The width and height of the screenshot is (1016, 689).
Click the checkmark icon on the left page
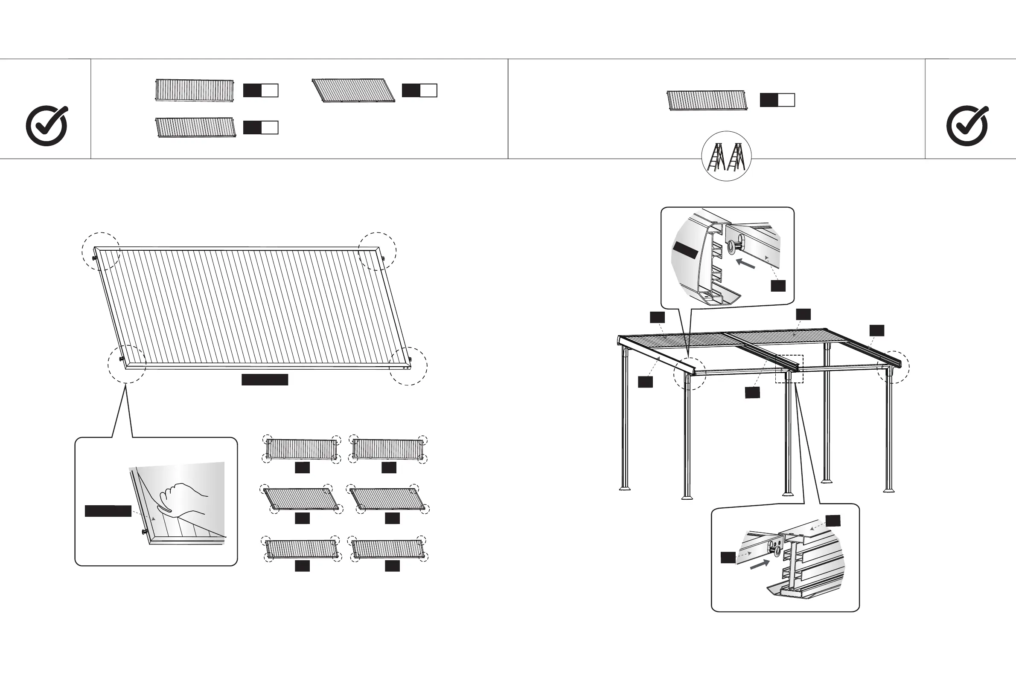click(x=47, y=126)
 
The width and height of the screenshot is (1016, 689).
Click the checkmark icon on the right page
click(x=967, y=126)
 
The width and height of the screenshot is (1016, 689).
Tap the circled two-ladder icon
click(x=726, y=156)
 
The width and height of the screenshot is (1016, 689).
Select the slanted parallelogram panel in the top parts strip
click(x=353, y=90)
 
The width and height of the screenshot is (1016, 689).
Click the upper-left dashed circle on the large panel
click(x=101, y=251)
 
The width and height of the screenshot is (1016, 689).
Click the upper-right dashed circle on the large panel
click(x=377, y=251)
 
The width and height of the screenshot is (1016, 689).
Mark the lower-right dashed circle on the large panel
click(x=408, y=366)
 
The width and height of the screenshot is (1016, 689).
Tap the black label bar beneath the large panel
click(x=265, y=379)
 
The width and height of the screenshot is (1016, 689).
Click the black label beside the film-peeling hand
click(x=108, y=511)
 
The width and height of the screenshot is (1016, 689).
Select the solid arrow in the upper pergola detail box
click(x=745, y=263)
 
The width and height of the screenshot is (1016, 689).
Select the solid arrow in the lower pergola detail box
click(x=760, y=565)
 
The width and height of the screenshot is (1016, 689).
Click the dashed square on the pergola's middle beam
click(x=789, y=369)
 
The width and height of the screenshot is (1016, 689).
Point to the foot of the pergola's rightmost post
click(x=889, y=489)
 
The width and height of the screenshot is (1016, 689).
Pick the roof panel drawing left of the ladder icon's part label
click(x=707, y=101)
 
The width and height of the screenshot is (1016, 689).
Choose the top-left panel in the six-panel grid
click(x=301, y=449)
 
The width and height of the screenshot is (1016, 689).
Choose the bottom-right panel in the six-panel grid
click(x=387, y=549)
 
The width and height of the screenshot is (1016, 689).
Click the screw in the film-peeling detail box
click(x=144, y=532)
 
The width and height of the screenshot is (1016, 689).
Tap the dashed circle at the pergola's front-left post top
click(x=690, y=373)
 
